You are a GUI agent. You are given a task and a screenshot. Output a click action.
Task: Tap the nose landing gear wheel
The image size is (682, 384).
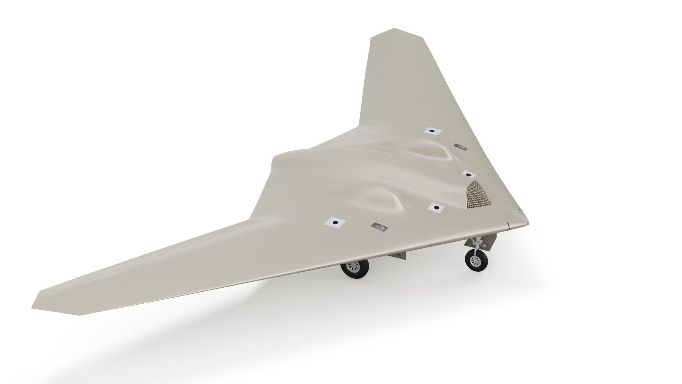(x=475, y=262)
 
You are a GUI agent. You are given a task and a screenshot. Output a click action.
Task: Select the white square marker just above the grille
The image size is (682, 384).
(x=469, y=174)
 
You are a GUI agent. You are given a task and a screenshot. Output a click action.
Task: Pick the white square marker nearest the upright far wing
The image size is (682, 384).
(x=432, y=131)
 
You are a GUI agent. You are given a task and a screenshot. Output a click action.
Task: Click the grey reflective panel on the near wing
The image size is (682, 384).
(x=379, y=226)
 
